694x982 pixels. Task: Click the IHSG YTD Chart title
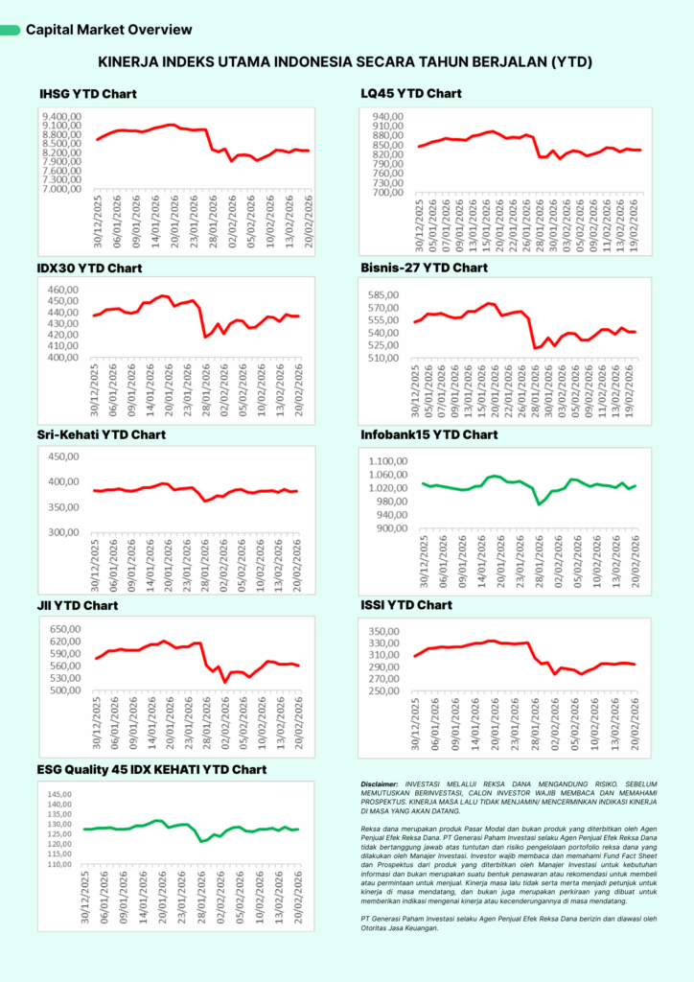(x=88, y=94)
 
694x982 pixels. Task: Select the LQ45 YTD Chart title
(x=411, y=94)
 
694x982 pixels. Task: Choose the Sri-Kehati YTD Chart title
(x=102, y=434)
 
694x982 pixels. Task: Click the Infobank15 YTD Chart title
(x=429, y=434)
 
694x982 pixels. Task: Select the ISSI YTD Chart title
(x=406, y=605)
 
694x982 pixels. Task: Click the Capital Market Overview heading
(x=109, y=30)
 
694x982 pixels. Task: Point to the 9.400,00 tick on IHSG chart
(x=61, y=115)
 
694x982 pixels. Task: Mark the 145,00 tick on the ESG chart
(x=59, y=794)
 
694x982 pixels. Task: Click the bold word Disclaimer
(x=382, y=783)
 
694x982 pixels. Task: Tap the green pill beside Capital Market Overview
(x=11, y=31)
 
